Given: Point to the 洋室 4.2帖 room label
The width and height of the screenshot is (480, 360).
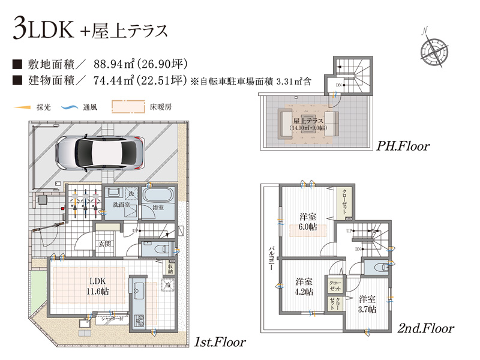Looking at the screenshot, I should [304, 287].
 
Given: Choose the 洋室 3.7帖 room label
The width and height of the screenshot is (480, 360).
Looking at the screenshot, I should [368, 304].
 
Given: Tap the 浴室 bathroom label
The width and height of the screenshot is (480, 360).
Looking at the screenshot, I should [158, 208].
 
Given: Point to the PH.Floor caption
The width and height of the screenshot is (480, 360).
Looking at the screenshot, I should [403, 146].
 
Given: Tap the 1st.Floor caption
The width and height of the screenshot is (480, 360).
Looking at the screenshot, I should [220, 343].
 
